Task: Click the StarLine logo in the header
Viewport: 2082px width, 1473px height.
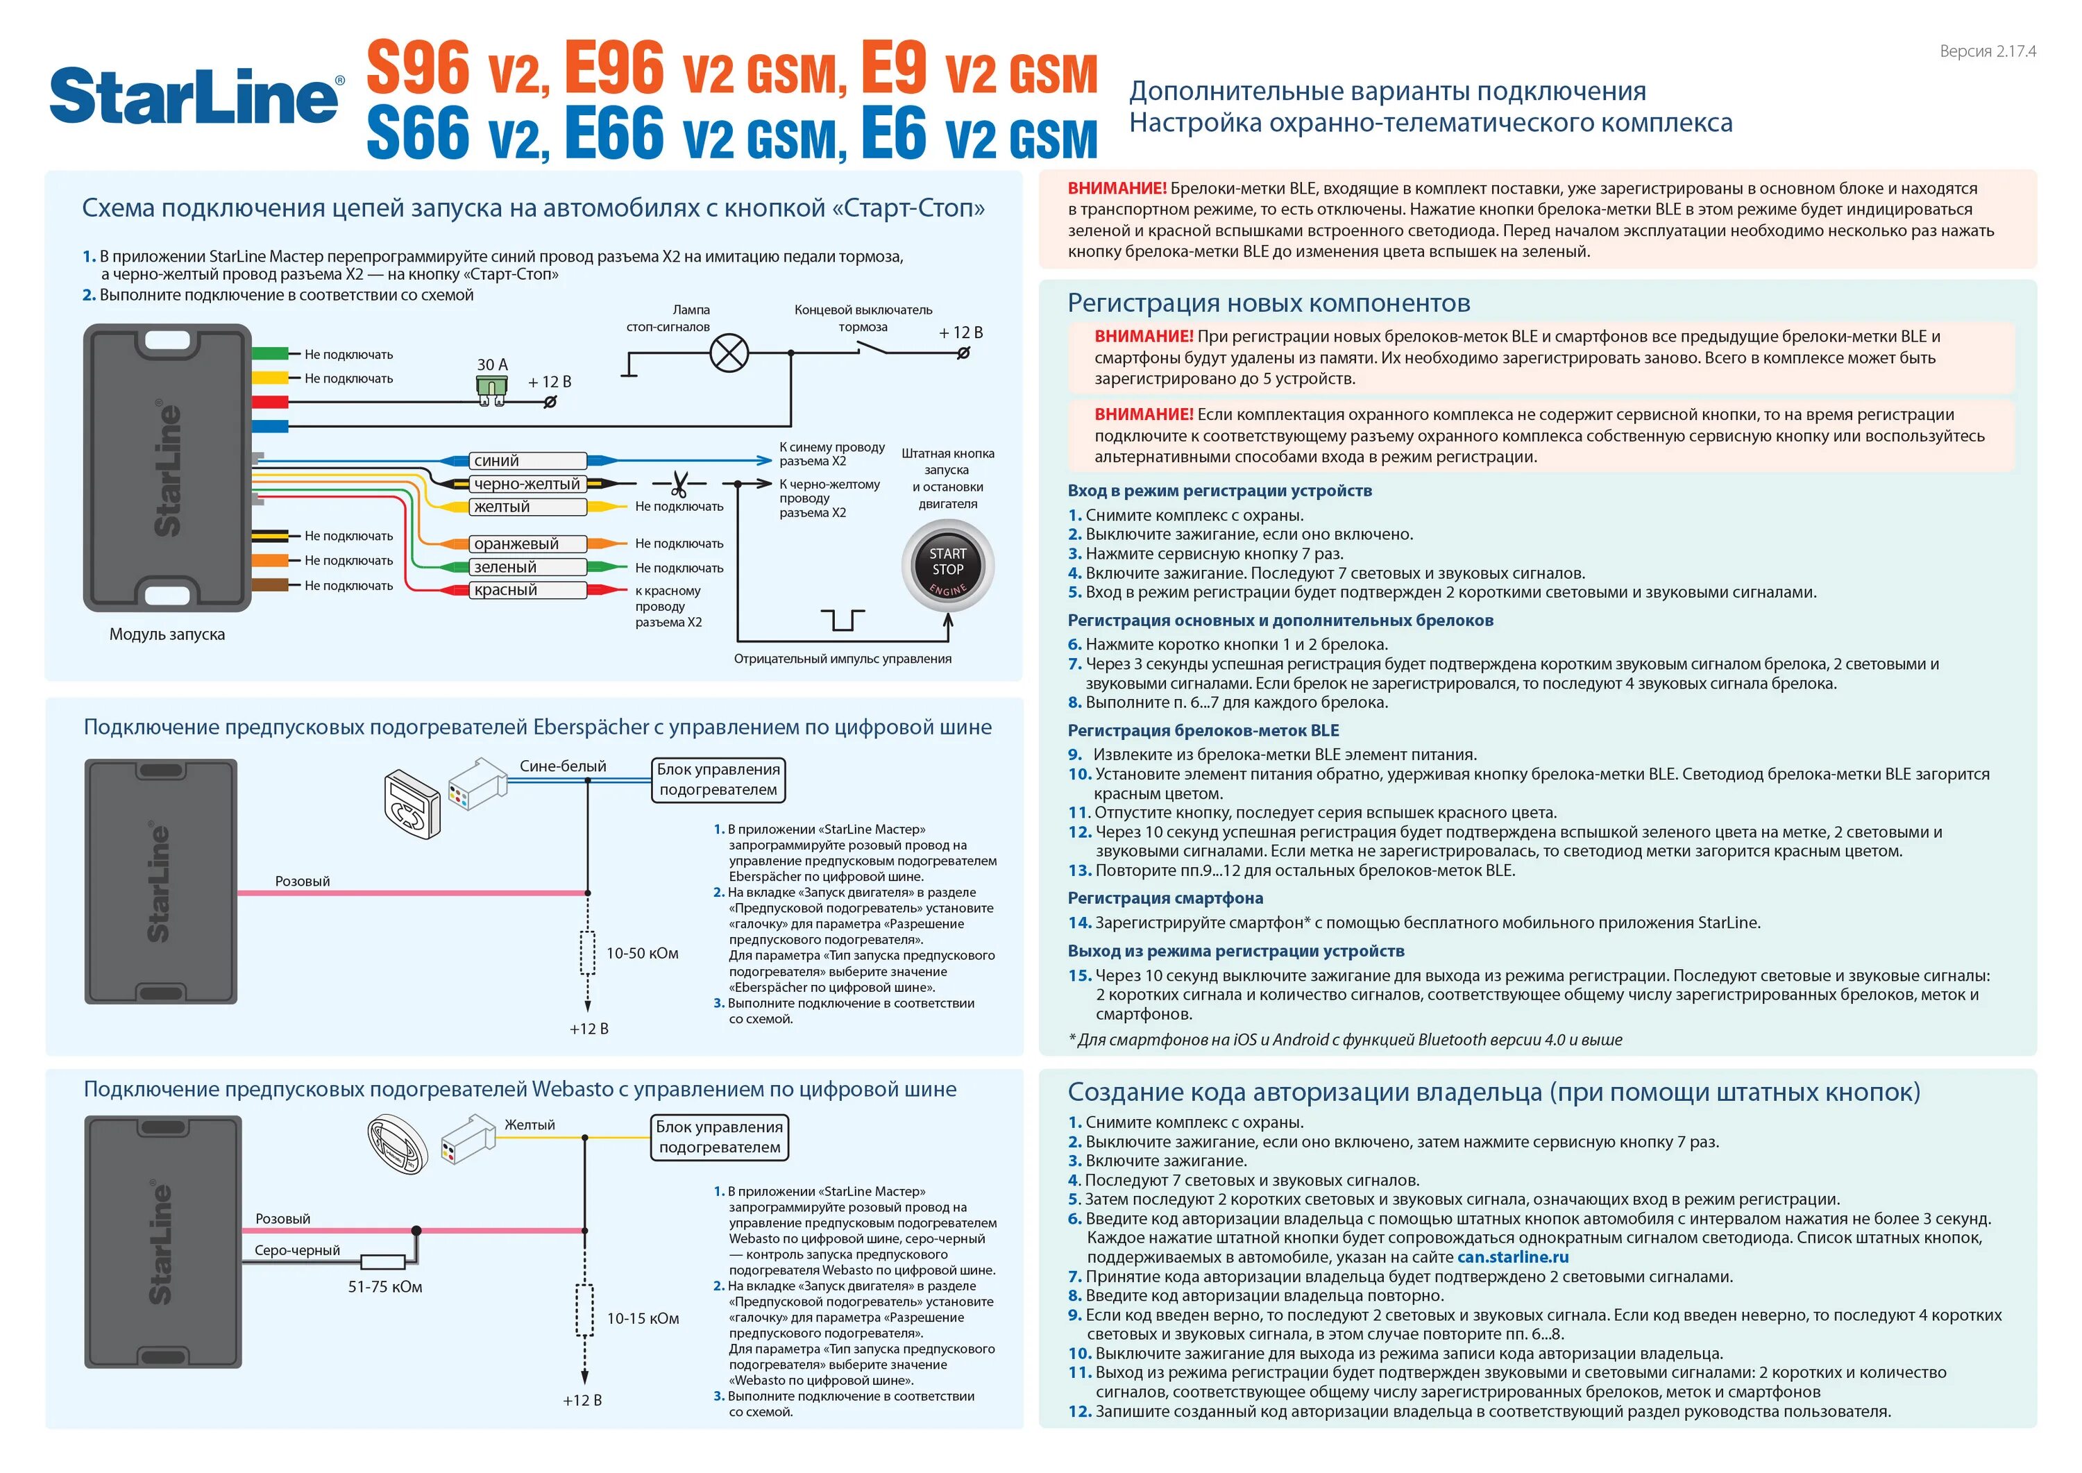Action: (196, 96)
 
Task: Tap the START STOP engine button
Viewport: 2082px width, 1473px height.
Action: (947, 566)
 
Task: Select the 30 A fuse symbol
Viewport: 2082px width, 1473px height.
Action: (491, 388)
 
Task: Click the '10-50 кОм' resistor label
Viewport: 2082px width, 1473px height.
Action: (642, 953)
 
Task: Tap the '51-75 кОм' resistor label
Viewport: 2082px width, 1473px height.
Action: (385, 1286)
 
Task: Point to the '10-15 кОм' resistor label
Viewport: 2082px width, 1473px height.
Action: (643, 1318)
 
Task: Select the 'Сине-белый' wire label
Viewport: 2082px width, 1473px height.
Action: (562, 766)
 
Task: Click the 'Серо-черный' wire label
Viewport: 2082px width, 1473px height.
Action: (298, 1250)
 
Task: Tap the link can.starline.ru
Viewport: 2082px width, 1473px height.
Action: (1512, 1257)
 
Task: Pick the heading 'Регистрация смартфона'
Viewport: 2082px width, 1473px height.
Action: (1165, 898)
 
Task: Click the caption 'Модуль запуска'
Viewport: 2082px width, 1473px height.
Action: (167, 634)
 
